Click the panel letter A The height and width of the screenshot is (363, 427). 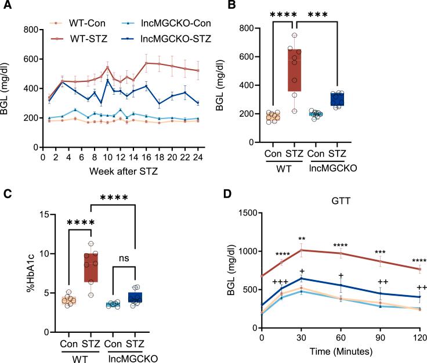[6, 6]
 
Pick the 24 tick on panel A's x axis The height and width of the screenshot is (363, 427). [198, 157]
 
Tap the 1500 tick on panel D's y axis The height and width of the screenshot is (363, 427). [244, 214]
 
